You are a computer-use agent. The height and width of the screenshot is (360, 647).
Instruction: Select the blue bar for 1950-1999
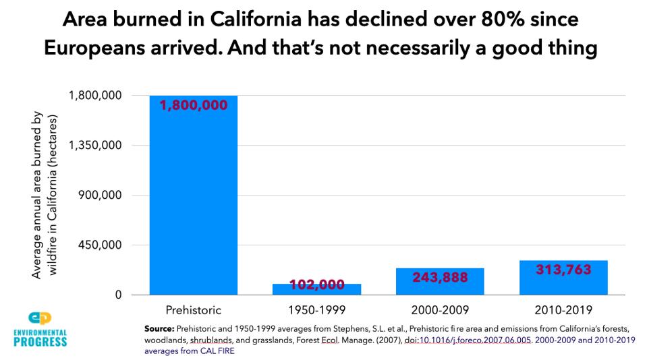(x=316, y=289)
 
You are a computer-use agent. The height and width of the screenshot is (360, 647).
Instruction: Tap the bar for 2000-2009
(x=440, y=282)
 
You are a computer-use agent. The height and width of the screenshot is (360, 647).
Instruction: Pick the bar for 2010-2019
(x=563, y=278)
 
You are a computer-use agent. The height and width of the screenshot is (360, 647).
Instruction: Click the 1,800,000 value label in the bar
(x=194, y=105)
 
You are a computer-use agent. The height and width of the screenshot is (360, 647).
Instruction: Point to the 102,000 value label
(x=316, y=285)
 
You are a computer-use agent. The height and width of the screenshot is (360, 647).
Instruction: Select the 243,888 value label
(x=440, y=277)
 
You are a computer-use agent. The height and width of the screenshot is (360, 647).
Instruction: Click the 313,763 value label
(x=563, y=270)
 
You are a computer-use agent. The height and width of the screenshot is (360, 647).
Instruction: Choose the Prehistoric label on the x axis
(x=193, y=310)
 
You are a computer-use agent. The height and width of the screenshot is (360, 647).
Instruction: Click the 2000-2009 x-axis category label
(x=440, y=310)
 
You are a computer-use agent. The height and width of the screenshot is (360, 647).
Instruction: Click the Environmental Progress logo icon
(x=38, y=318)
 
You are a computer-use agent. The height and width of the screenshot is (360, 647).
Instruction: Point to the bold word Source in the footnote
(x=159, y=328)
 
